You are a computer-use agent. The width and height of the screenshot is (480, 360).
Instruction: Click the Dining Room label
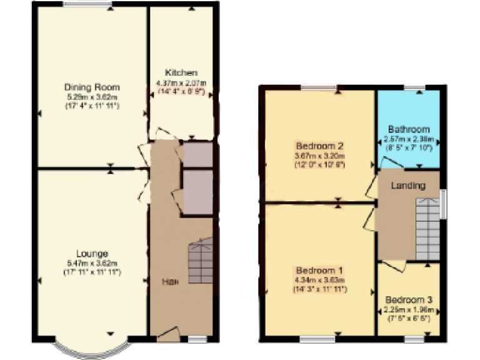(92, 87)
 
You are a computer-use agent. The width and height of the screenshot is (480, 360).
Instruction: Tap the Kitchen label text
(181, 72)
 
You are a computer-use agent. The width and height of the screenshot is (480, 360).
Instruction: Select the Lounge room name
(92, 253)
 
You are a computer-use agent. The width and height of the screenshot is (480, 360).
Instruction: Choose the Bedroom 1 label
(319, 270)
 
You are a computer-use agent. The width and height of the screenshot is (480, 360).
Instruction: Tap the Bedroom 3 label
(409, 299)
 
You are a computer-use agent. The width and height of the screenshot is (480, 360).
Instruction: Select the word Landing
(408, 186)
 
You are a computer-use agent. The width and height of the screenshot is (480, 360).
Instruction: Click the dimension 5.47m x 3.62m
(92, 263)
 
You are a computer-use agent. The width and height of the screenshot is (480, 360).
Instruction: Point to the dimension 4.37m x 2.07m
(181, 83)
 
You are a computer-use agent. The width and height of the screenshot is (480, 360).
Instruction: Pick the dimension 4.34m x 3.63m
(319, 279)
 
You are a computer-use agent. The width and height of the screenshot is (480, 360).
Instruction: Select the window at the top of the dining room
(87, 5)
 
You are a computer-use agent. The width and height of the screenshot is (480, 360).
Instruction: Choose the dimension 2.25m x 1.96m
(409, 308)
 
